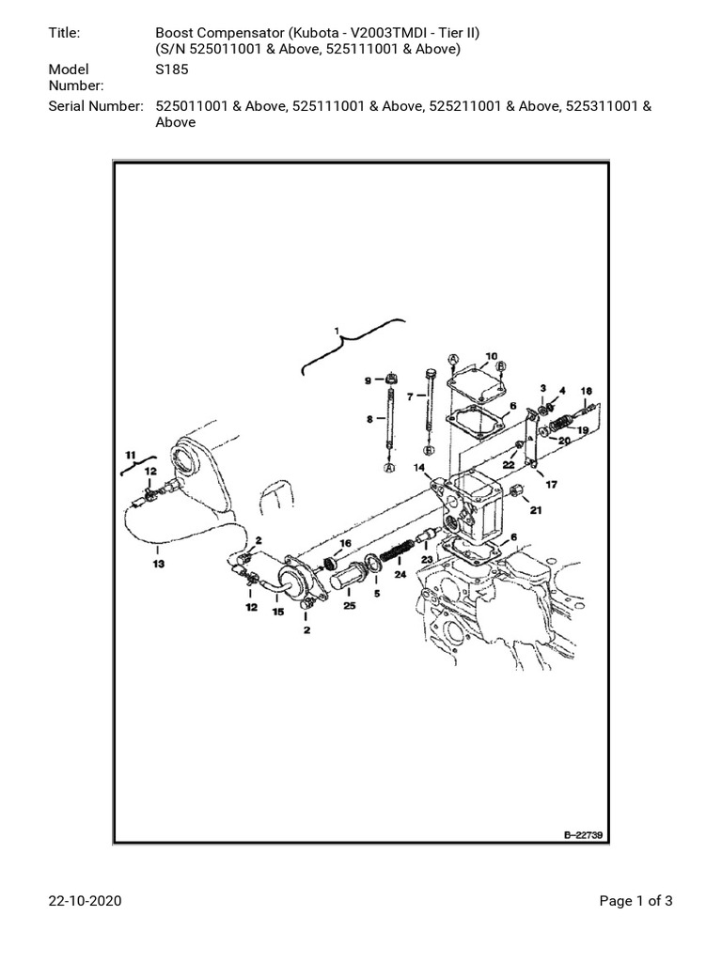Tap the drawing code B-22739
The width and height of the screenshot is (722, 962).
click(582, 834)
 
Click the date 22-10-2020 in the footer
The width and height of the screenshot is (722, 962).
click(85, 902)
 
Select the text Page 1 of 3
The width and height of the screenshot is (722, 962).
click(636, 902)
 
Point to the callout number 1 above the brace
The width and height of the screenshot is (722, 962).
click(335, 331)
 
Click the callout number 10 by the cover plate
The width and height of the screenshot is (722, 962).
click(491, 356)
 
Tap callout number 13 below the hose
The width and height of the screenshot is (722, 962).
click(158, 564)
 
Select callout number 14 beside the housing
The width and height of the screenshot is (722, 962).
click(418, 467)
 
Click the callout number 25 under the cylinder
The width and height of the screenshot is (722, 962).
click(350, 606)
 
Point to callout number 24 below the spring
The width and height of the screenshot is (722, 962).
click(400, 575)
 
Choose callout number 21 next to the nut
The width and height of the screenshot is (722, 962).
click(536, 510)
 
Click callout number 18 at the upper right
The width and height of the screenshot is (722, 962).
click(586, 390)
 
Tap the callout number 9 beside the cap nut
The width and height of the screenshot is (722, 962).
click(368, 380)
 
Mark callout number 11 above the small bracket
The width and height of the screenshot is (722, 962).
click(131, 455)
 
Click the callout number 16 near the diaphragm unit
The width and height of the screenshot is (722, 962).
click(345, 544)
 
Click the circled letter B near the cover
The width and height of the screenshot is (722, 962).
click(500, 366)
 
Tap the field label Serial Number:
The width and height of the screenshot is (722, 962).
click(95, 106)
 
